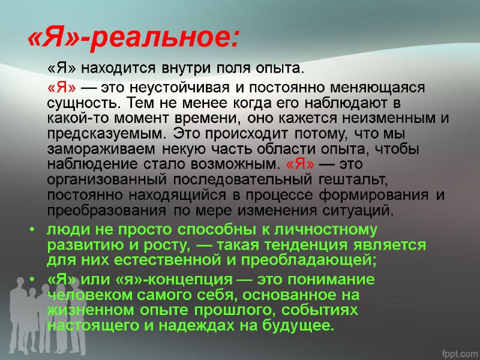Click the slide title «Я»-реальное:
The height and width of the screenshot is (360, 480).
(x=133, y=39)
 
